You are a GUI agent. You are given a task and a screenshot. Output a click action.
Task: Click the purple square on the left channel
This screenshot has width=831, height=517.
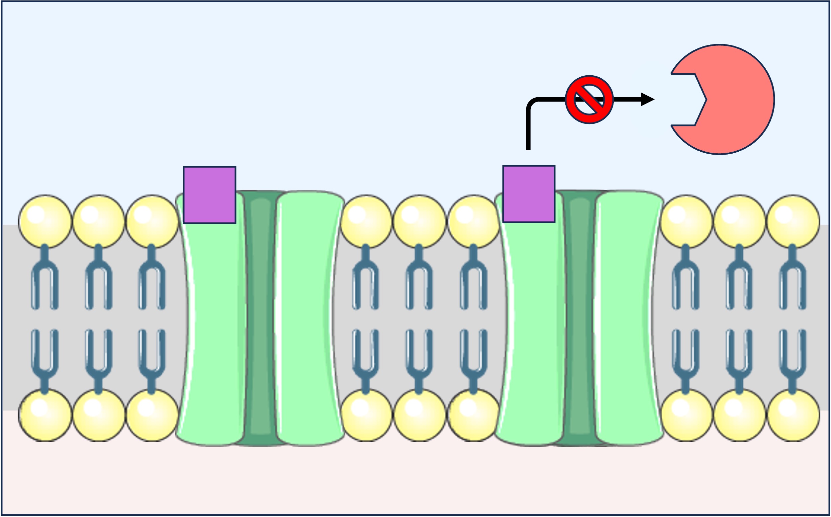click(210, 195)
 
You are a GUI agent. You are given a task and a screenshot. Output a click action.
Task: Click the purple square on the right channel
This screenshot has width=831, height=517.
click(529, 194)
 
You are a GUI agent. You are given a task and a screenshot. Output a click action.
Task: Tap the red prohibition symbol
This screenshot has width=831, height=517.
click(589, 100)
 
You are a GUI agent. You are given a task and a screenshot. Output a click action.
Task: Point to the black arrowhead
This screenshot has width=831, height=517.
click(647, 100)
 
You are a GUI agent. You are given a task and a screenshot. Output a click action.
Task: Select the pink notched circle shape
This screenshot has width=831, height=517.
click(736, 99)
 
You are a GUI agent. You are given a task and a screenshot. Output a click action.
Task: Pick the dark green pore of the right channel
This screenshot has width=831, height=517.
click(580, 318)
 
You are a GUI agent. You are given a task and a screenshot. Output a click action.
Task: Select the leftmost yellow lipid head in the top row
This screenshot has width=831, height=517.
click(45, 221)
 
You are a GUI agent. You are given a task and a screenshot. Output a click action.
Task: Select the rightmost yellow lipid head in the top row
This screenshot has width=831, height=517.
click(793, 221)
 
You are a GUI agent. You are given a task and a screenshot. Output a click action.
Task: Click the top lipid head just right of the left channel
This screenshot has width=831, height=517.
click(366, 221)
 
